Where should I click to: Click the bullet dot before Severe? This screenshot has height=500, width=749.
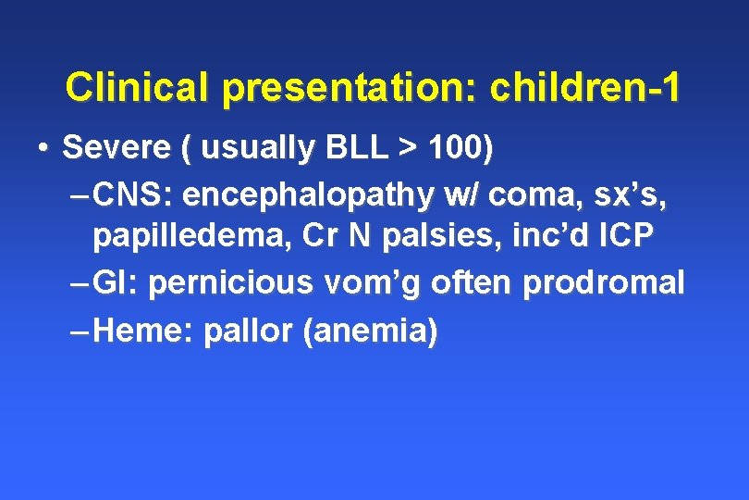tap(43, 148)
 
